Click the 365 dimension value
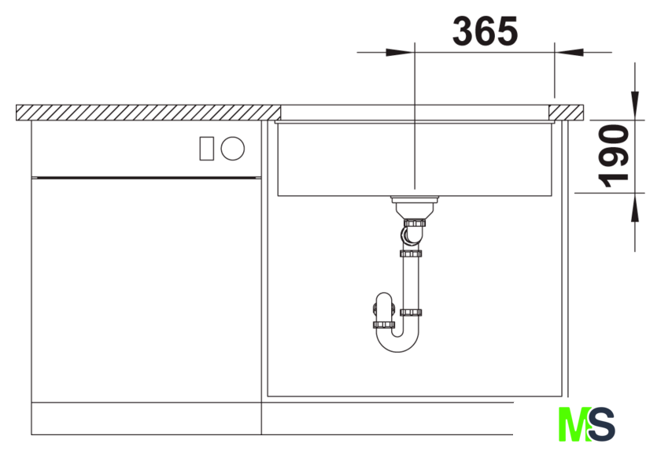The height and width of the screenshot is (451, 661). click(x=485, y=31)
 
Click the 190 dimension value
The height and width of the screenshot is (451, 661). click(x=614, y=156)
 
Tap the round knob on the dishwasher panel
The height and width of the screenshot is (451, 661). click(x=233, y=149)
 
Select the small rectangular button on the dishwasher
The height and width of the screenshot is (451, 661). click(x=206, y=149)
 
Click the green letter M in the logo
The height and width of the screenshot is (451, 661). click(x=574, y=424)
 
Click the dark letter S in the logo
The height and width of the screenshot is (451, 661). click(x=602, y=424)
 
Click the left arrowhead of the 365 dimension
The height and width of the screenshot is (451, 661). click(x=401, y=52)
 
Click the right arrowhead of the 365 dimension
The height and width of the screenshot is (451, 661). click(x=569, y=52)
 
